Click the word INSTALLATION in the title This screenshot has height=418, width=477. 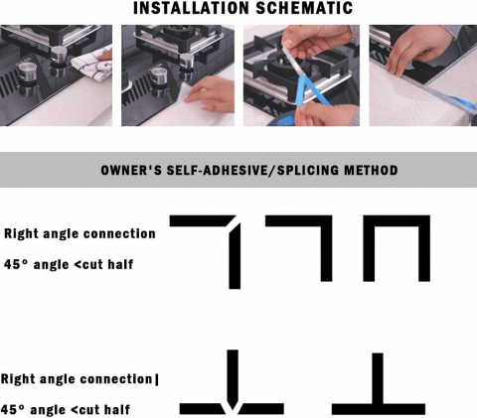tap(191, 8)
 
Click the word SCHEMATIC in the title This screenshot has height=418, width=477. tap(304, 8)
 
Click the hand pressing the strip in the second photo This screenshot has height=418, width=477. tap(210, 94)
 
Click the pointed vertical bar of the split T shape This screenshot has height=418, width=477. tap(233, 377)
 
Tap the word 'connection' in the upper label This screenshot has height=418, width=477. tap(119, 233)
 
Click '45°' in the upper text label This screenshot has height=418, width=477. tap(16, 264)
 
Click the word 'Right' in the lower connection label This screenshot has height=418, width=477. tap(18, 379)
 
